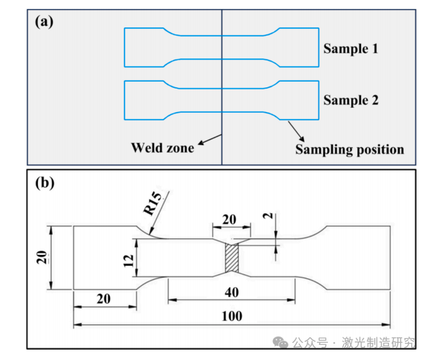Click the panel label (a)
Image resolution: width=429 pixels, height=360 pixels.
pos(44,21)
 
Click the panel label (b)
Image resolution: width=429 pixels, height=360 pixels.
pos(44,183)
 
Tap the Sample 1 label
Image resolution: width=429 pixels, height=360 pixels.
pos(351,49)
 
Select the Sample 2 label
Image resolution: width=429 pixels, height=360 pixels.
pos(351,100)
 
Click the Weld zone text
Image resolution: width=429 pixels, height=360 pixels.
pos(162,147)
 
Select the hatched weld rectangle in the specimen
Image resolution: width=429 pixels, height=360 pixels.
pos(232,258)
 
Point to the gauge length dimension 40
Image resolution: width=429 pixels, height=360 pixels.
pos(232,293)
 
